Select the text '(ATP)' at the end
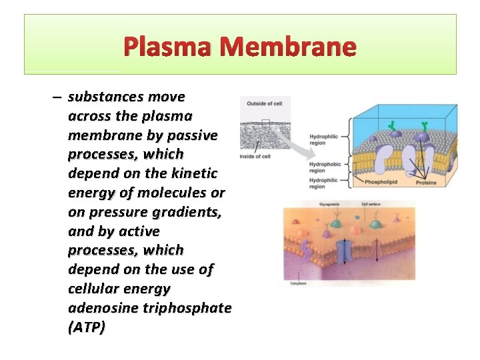pos(86,328)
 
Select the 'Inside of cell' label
pos(256,157)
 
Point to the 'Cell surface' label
pos(371,205)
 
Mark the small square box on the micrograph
pos(266,124)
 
